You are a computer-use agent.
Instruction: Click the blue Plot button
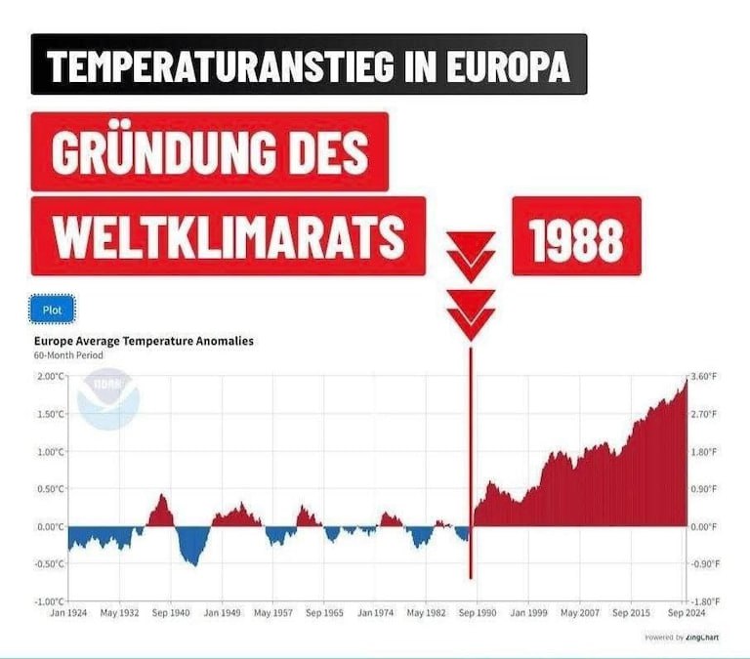click(x=52, y=310)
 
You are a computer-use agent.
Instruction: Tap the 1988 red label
click(x=576, y=237)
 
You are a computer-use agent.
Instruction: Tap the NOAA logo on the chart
click(x=108, y=398)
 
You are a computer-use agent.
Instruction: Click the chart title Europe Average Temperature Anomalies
click(x=144, y=341)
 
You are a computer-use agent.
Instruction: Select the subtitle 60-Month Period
click(x=68, y=355)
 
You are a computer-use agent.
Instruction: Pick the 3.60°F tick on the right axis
click(x=704, y=377)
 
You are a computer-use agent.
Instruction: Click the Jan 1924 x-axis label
click(x=69, y=614)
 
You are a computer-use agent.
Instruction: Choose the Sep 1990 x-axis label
click(x=478, y=614)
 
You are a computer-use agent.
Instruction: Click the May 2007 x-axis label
click(x=580, y=614)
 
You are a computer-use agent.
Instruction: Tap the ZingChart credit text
click(x=678, y=638)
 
